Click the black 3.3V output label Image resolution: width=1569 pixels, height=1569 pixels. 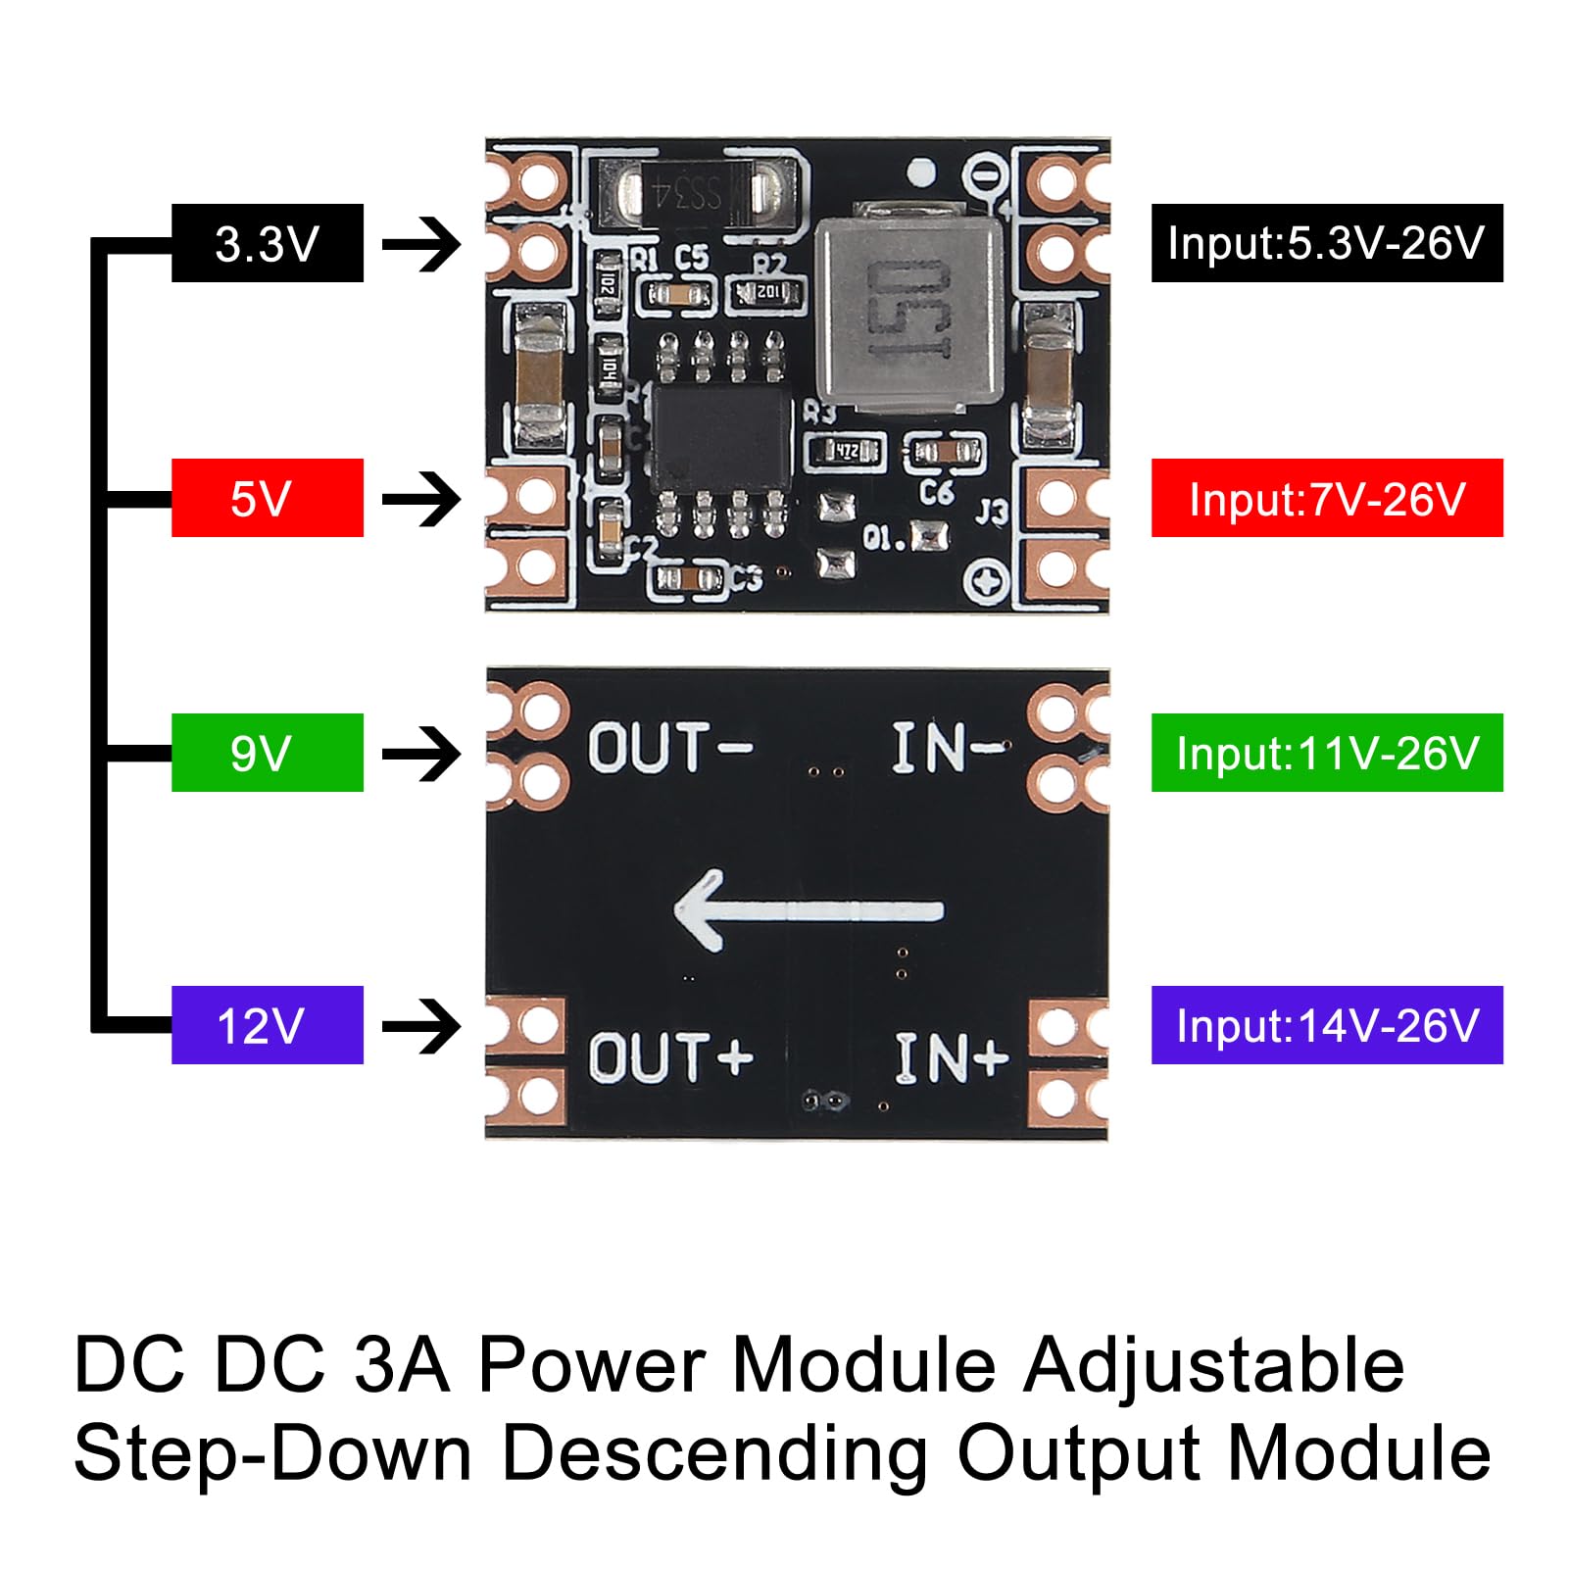(x=267, y=243)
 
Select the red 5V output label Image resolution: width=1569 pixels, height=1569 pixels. (x=267, y=498)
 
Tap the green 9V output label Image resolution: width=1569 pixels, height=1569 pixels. (x=267, y=753)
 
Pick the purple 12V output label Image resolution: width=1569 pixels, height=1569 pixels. (x=267, y=1025)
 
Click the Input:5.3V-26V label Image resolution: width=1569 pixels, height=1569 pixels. (x=1326, y=243)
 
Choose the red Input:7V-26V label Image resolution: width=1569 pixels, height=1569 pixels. (x=1326, y=498)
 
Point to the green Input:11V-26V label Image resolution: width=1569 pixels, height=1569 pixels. (x=1326, y=753)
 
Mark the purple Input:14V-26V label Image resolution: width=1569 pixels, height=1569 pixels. (x=1326, y=1025)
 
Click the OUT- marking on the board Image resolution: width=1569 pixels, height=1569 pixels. (x=669, y=748)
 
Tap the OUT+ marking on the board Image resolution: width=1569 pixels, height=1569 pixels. (x=670, y=1057)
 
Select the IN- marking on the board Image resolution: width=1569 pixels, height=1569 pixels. (x=947, y=748)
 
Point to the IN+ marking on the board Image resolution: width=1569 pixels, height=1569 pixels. (x=950, y=1057)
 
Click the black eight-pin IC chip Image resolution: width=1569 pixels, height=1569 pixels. (x=721, y=438)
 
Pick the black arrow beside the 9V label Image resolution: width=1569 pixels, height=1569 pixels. (x=421, y=754)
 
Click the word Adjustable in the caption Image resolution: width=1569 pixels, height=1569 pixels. (x=1213, y=1365)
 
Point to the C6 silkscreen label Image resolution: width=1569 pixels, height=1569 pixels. (x=936, y=492)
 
